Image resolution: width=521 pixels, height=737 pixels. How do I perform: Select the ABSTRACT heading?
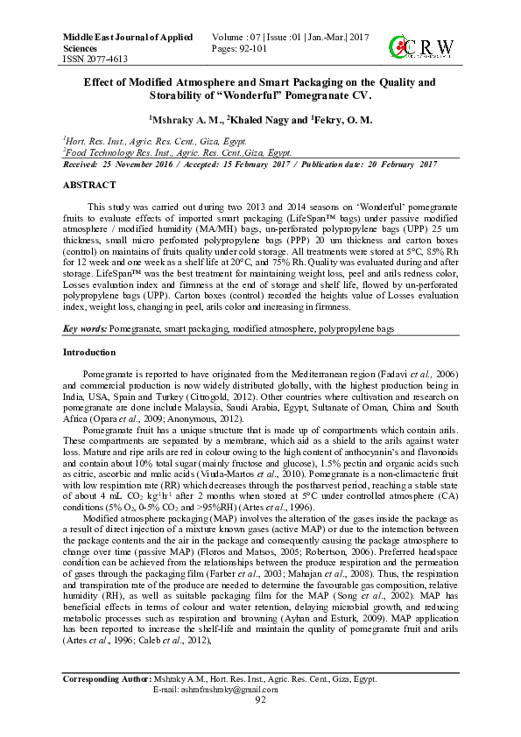[89, 186]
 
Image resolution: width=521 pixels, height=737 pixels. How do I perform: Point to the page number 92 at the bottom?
[260, 700]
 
